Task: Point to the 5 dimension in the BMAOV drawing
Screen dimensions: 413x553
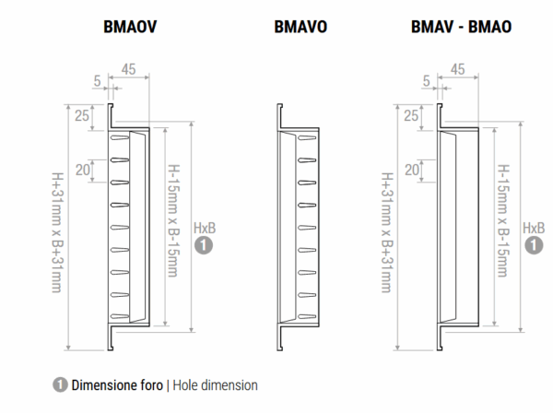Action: click(97, 79)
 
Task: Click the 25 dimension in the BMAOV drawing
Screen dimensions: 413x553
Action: click(82, 115)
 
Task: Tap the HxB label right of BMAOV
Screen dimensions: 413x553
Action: click(205, 227)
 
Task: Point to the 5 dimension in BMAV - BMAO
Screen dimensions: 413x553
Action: click(427, 79)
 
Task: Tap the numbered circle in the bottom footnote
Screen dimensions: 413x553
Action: click(59, 384)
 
